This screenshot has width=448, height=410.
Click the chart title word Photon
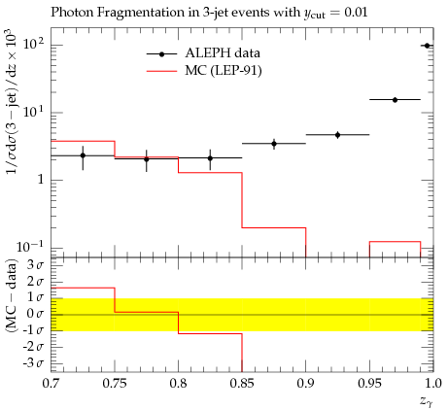[x=72, y=13]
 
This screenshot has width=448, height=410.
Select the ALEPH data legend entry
[x=203, y=53]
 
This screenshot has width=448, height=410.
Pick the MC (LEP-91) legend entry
[x=204, y=70]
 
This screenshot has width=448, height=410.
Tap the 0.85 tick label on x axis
[x=242, y=384]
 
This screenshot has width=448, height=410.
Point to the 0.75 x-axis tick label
[x=115, y=384]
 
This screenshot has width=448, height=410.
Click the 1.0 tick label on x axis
[x=432, y=384]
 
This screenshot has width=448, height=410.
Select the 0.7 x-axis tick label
[x=51, y=384]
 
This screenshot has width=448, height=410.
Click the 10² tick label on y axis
[x=33, y=43]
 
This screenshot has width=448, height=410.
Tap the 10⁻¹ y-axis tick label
[x=29, y=247]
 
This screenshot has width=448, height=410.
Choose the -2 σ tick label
[x=33, y=347]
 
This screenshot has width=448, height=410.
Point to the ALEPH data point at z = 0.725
[x=83, y=155]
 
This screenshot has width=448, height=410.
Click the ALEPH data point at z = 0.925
[x=337, y=135]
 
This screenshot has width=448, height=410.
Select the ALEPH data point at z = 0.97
[x=395, y=100]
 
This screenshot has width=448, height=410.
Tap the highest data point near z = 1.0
[x=427, y=46]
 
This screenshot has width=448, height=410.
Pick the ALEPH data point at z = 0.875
[x=274, y=144]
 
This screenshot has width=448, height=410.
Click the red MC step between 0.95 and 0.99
[x=395, y=242]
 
